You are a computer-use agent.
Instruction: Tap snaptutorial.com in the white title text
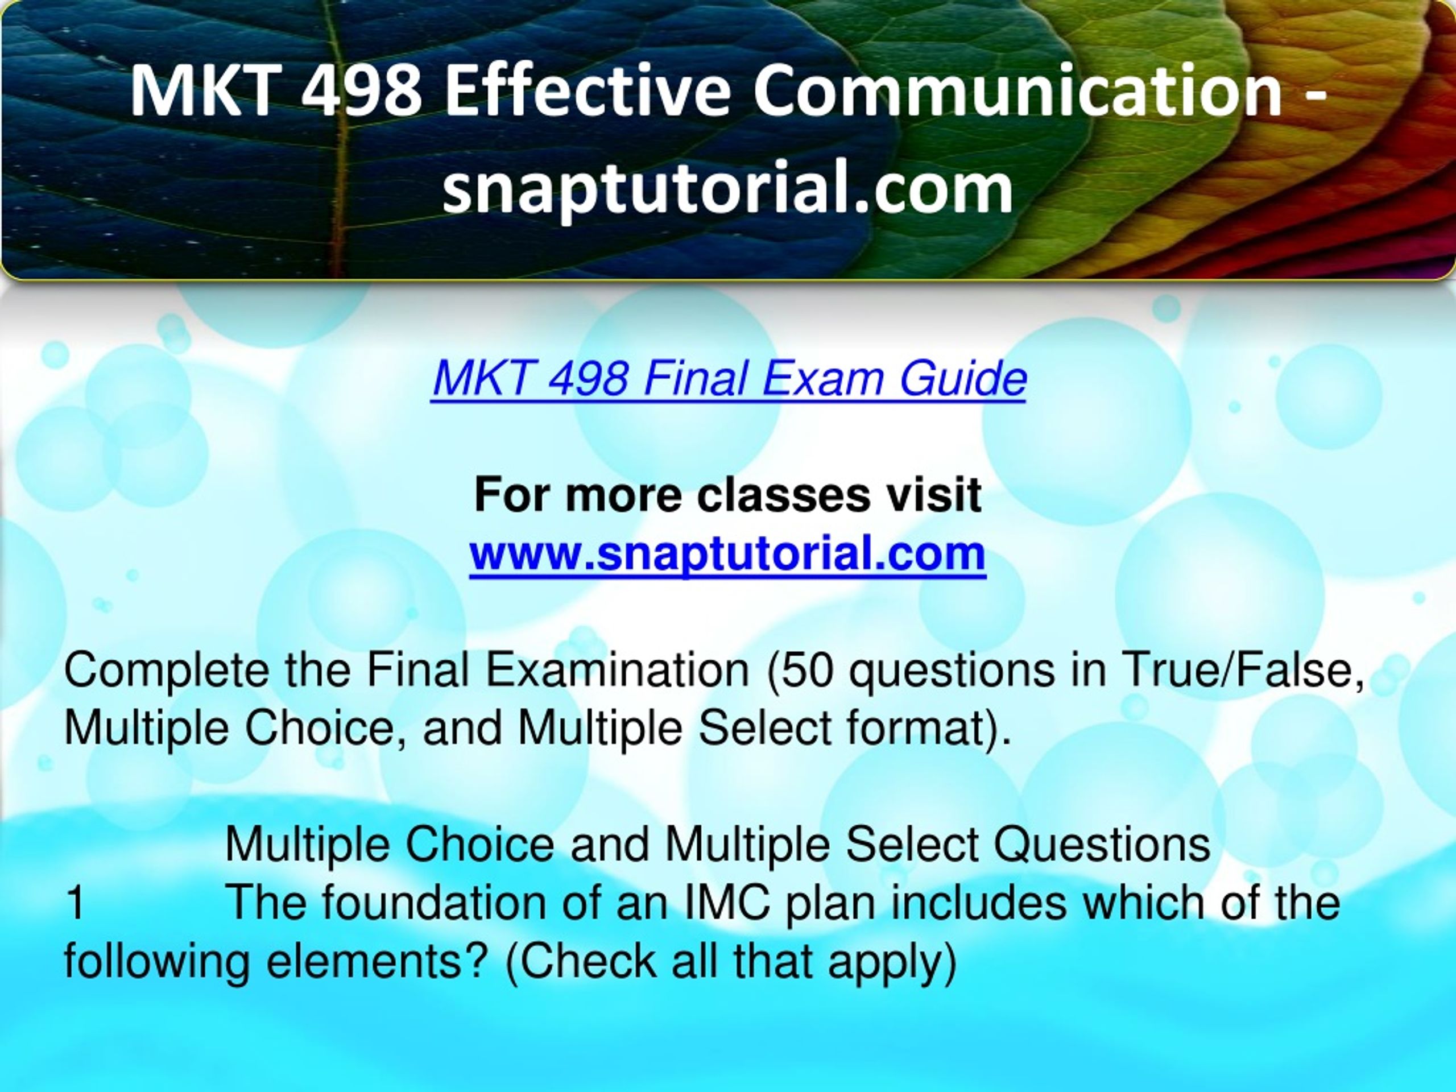point(727,188)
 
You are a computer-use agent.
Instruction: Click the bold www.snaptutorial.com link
point(727,553)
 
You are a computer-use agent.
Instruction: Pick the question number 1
point(76,903)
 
